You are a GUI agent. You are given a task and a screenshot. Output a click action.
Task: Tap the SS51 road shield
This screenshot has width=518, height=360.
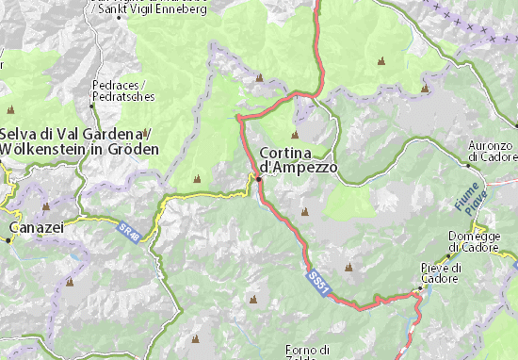pyautogui.click(x=318, y=280)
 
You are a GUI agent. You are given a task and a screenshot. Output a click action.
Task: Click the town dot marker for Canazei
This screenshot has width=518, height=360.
pyautogui.click(x=9, y=238)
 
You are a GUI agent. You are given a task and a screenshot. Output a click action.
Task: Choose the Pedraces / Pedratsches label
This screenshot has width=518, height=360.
pyautogui.click(x=121, y=90)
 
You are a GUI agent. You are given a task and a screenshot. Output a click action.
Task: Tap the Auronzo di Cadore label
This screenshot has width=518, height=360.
pyautogui.click(x=492, y=152)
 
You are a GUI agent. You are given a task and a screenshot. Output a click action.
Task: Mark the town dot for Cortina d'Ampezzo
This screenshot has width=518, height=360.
pyautogui.click(x=258, y=176)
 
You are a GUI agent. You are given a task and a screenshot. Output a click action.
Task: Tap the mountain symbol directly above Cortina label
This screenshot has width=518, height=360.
pyautogui.click(x=295, y=135)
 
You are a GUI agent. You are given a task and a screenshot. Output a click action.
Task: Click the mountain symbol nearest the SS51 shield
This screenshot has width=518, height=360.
pyautogui.click(x=348, y=268)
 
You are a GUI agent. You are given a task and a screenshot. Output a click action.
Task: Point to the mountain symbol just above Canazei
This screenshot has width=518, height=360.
pyautogui.click(x=45, y=205)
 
